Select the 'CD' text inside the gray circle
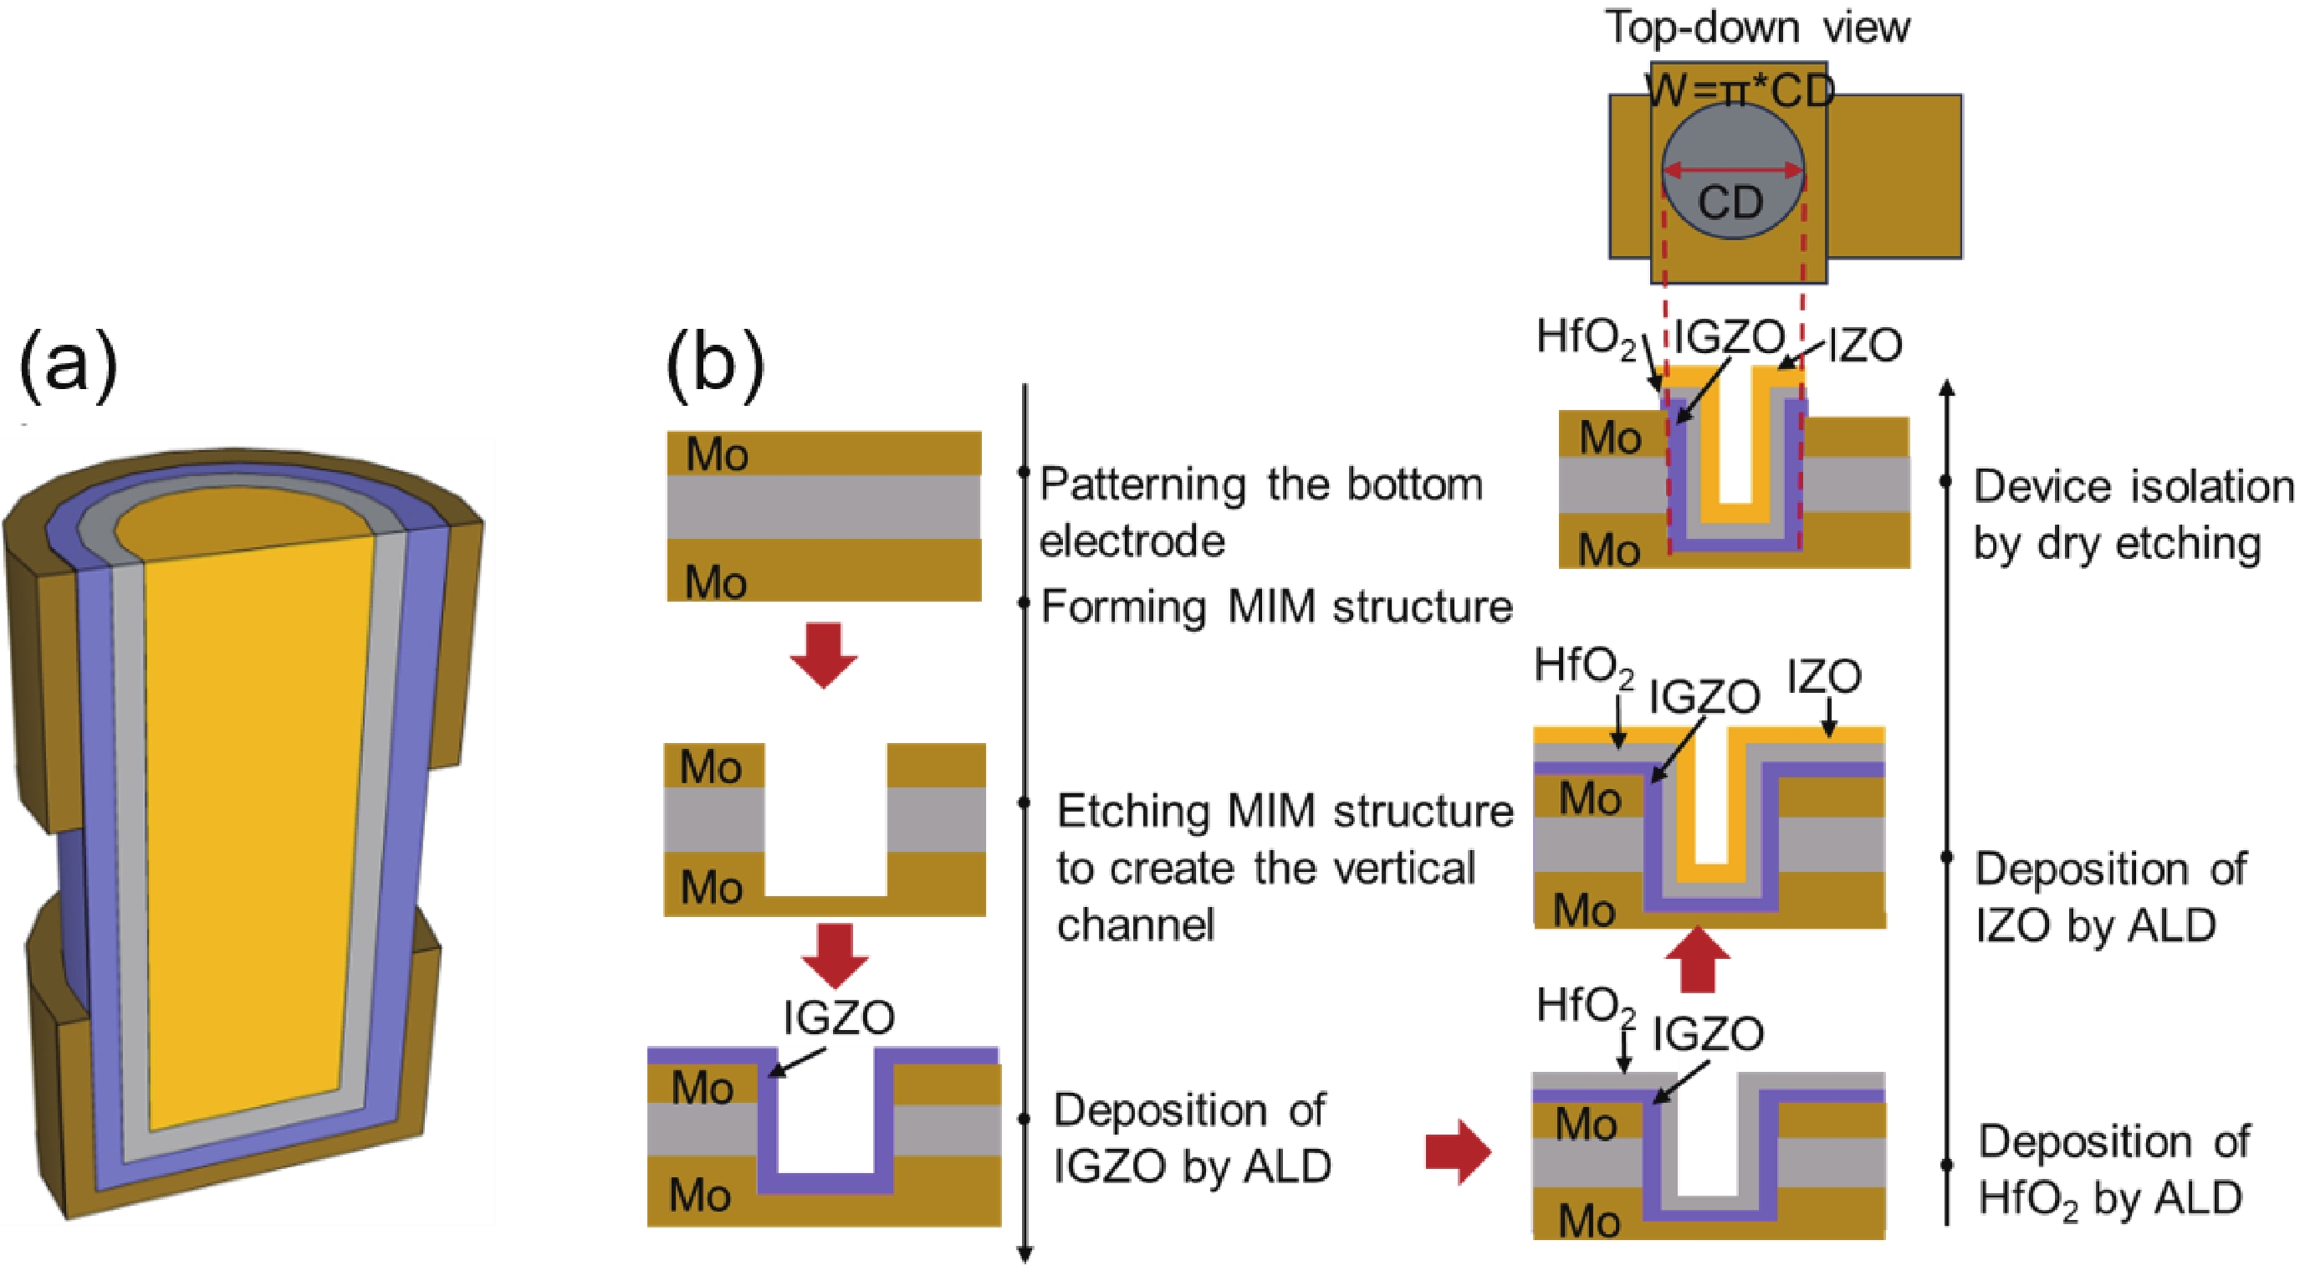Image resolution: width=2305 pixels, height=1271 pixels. click(1730, 203)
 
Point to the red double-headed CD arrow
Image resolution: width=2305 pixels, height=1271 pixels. click(1732, 170)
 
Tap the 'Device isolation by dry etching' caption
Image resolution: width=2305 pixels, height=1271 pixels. click(2134, 515)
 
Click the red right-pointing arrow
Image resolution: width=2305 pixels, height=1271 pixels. click(1458, 1152)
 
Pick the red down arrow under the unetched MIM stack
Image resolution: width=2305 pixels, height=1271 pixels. click(823, 655)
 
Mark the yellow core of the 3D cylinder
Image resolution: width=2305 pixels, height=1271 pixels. click(259, 806)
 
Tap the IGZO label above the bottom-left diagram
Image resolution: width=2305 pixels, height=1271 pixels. click(838, 1017)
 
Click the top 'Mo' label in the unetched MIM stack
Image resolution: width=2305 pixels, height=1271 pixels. click(716, 454)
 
